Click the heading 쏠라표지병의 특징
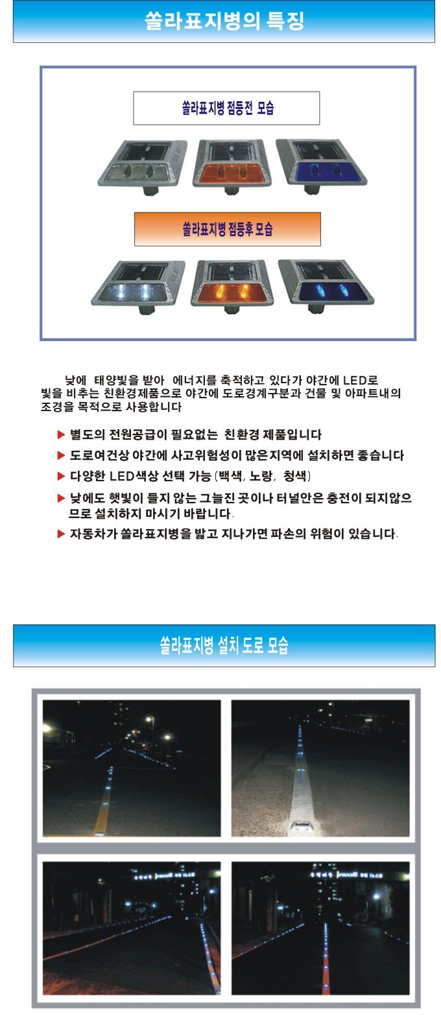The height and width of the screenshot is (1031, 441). (x=224, y=21)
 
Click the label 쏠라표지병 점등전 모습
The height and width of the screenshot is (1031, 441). (x=226, y=108)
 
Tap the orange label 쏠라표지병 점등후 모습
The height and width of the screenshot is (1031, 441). (x=227, y=229)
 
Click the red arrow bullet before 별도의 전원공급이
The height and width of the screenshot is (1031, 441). (x=62, y=434)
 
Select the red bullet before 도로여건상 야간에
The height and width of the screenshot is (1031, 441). (x=62, y=455)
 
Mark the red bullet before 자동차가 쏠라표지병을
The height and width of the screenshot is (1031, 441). (x=62, y=534)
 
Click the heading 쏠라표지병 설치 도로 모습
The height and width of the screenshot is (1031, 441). (x=224, y=645)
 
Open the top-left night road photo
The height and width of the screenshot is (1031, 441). (x=132, y=768)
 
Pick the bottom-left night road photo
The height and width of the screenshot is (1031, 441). (x=132, y=928)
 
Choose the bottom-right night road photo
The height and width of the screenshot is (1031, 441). (x=320, y=928)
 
